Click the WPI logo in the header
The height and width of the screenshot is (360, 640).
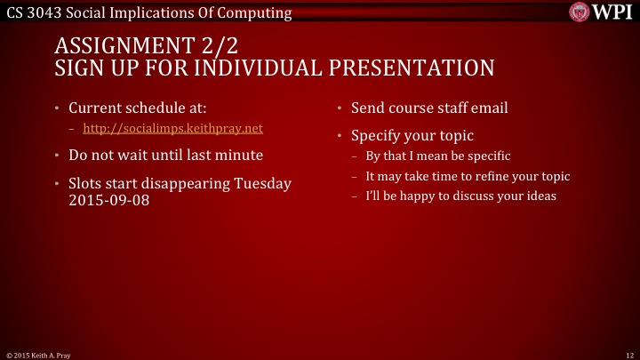click(602, 12)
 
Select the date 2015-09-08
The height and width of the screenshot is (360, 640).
click(108, 200)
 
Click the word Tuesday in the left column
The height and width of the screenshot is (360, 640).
click(261, 183)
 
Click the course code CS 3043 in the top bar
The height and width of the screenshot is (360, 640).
click(32, 12)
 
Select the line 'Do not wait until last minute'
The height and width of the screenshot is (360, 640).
click(165, 155)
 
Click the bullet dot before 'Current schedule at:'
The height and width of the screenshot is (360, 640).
click(56, 109)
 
